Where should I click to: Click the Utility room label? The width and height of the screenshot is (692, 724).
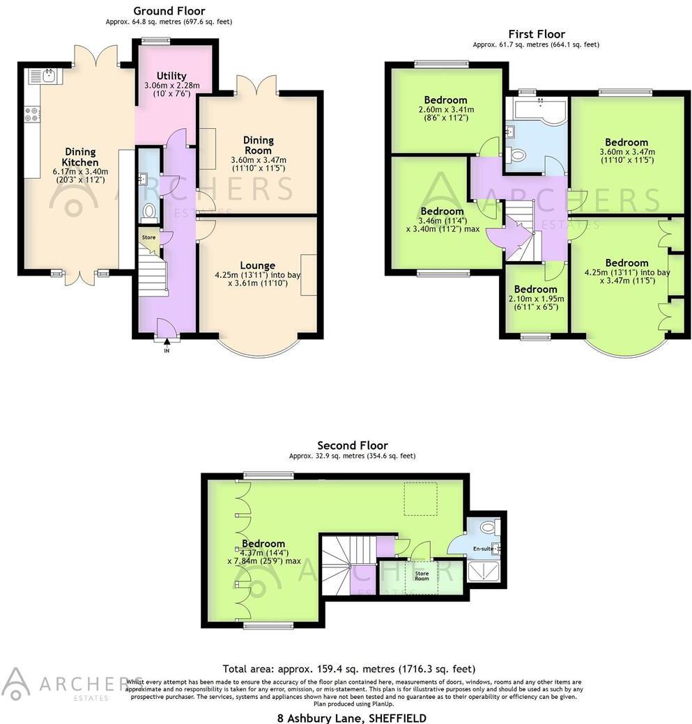(171, 76)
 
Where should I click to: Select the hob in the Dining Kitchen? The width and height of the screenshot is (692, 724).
(33, 114)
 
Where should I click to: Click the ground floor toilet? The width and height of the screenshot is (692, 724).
(148, 210)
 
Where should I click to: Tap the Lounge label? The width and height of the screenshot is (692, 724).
(257, 265)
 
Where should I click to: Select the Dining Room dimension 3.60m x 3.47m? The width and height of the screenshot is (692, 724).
(258, 159)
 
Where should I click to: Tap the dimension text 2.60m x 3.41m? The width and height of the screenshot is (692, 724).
(446, 109)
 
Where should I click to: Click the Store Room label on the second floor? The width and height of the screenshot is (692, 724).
(422, 575)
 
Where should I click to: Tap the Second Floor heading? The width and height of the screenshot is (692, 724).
(352, 446)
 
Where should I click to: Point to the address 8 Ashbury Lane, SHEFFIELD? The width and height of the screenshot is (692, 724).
(348, 717)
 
